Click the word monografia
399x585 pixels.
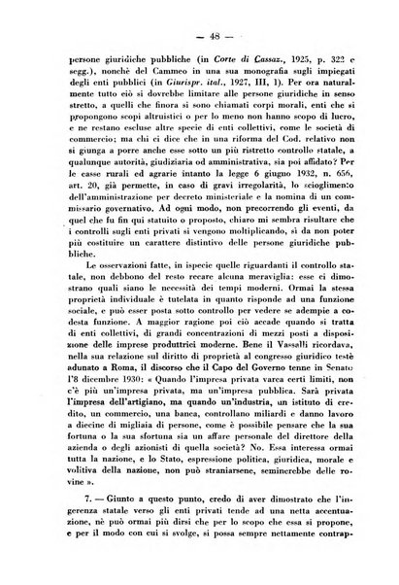[x=243, y=60]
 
